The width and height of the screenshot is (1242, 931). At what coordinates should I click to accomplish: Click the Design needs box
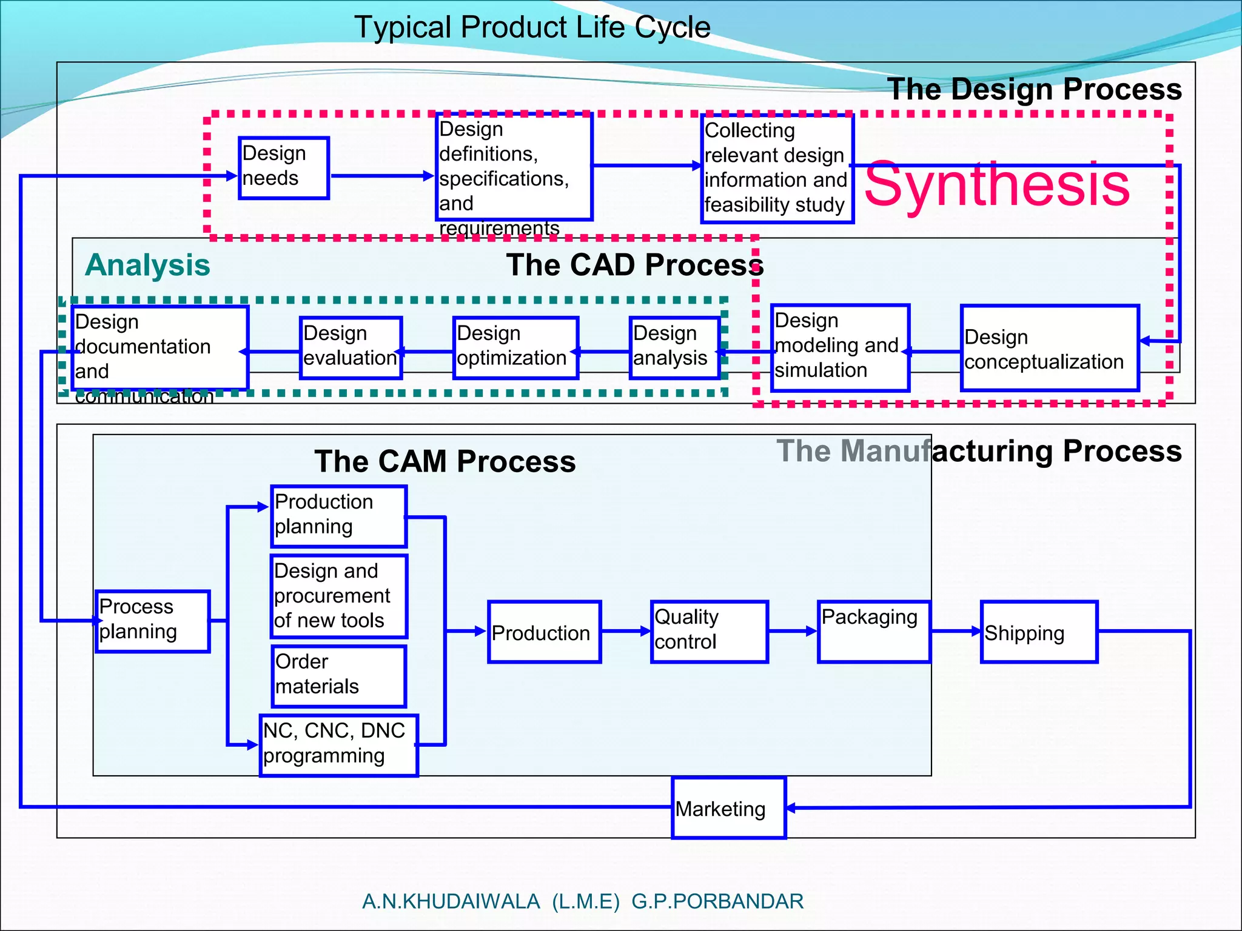click(284, 168)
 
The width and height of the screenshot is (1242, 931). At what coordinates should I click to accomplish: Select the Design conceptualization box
click(1050, 349)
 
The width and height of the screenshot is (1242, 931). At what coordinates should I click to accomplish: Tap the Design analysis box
click(674, 348)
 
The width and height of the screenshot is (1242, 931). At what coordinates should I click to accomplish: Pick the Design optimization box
click(515, 348)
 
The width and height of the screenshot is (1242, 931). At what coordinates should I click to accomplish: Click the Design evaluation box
click(351, 348)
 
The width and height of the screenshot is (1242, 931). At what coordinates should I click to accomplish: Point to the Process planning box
click(153, 621)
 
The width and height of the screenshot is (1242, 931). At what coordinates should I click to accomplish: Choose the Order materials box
click(338, 676)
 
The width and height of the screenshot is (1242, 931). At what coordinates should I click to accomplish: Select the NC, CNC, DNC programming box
click(338, 745)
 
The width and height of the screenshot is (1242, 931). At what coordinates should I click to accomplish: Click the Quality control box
click(709, 632)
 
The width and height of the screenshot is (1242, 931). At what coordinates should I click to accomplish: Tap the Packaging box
click(873, 632)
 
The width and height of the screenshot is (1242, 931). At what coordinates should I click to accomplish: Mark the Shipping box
click(1039, 632)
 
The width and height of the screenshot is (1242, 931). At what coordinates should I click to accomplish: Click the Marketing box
click(728, 807)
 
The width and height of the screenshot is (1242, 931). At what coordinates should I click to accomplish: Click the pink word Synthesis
click(997, 184)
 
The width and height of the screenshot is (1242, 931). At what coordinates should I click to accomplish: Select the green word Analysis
click(147, 265)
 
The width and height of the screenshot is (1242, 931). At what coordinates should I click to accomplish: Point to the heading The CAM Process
click(445, 461)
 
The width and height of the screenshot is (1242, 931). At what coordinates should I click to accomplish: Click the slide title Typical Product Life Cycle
click(532, 27)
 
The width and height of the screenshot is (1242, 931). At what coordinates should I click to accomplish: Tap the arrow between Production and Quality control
click(625, 632)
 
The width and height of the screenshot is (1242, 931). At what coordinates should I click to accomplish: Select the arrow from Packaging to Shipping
click(955, 632)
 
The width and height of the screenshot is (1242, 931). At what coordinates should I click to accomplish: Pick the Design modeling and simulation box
click(840, 348)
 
